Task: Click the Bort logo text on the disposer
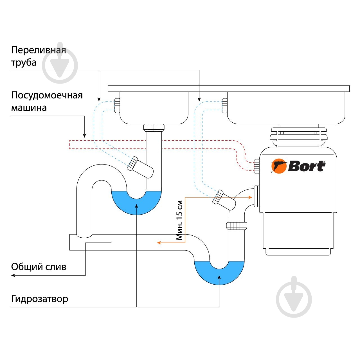click(x=307, y=166)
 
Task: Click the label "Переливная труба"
click(x=38, y=56)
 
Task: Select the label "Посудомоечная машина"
click(x=47, y=101)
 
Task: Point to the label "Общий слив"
click(x=39, y=267)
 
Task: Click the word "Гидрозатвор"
click(x=39, y=299)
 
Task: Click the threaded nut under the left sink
click(x=154, y=127)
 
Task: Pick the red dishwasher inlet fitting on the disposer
click(x=256, y=166)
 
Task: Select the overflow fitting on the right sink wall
click(x=224, y=105)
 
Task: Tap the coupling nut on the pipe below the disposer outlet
click(x=237, y=226)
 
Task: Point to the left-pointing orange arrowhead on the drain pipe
click(x=159, y=243)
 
